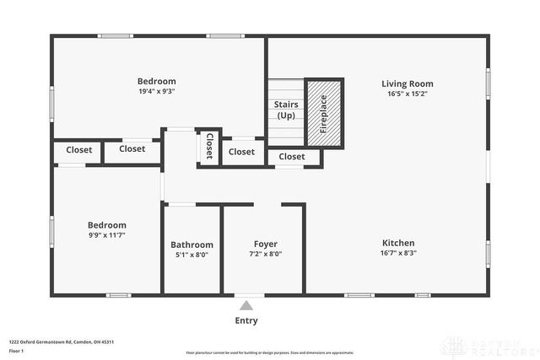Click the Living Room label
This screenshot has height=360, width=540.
407,83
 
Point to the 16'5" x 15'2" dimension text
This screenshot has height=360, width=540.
407,94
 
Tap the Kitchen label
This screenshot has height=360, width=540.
397,243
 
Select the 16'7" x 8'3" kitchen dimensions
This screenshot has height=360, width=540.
397,254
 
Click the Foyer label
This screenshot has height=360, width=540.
265,244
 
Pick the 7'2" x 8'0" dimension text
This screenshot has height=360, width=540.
265,254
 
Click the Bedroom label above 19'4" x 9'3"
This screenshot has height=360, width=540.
157,81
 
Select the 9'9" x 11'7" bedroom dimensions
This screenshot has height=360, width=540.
107,236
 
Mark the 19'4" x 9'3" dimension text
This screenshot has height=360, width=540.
157,92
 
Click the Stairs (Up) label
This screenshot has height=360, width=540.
285,110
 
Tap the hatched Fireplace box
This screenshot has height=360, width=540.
324,113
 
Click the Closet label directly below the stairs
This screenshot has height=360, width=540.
292,157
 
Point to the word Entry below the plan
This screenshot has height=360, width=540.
246,320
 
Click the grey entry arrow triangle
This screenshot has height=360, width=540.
246,305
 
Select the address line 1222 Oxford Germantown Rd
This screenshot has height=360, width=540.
61,341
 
